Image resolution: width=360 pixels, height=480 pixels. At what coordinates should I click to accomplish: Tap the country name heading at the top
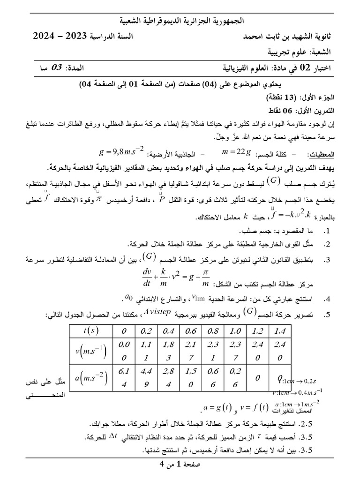(x=181, y=21)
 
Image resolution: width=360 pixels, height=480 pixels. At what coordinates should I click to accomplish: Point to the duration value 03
(x=56, y=68)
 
